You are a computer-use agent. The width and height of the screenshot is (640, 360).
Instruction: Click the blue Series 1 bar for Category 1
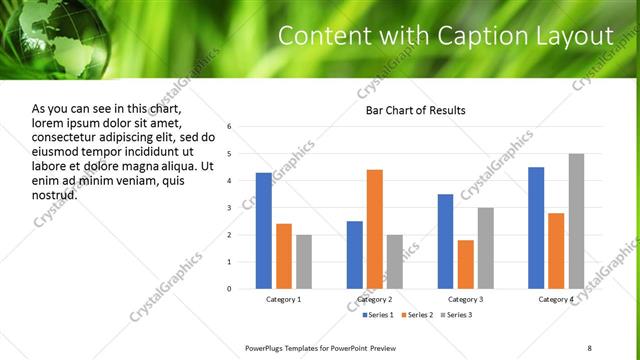(x=263, y=231)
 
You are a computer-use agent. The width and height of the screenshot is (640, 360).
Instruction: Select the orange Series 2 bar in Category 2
(x=375, y=229)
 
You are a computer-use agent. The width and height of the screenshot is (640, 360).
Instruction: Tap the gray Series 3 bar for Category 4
(x=576, y=221)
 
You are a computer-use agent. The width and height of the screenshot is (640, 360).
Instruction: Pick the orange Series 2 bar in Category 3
(x=466, y=264)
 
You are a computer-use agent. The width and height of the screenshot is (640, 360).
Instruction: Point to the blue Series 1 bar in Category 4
(x=536, y=228)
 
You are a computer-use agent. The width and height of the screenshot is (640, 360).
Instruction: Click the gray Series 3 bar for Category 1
(x=304, y=262)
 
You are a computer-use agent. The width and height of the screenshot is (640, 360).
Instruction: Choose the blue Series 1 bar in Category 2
(x=355, y=255)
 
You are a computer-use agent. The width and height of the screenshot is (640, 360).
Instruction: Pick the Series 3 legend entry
(x=457, y=315)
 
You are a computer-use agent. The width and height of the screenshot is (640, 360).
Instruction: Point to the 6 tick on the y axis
(x=230, y=127)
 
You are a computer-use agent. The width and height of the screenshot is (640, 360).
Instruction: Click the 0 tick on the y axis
(x=230, y=289)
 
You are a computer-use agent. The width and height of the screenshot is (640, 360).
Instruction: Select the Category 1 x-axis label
(x=284, y=300)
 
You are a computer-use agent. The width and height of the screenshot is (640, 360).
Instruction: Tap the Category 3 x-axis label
(x=466, y=300)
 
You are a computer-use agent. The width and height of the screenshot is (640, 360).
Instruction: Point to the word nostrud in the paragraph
(x=55, y=195)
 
